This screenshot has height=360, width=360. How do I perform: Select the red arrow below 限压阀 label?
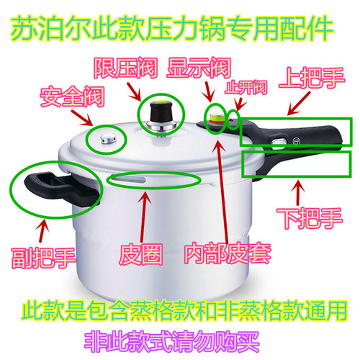click(x=134, y=89)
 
